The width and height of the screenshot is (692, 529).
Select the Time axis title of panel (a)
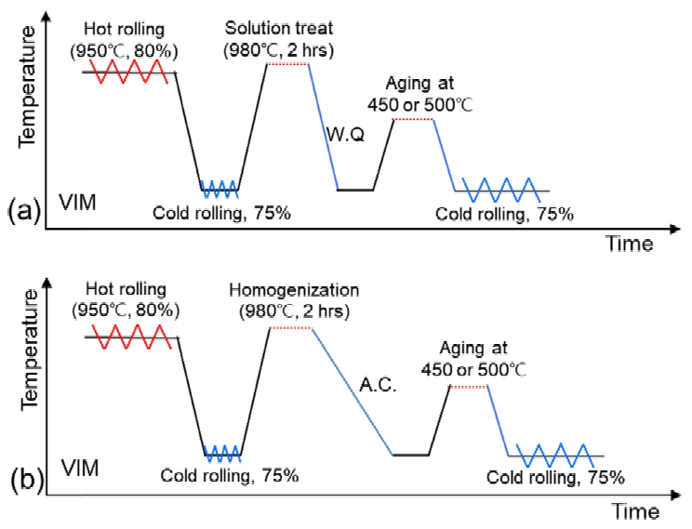coord(631,243)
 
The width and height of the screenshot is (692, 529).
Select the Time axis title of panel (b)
coord(636,511)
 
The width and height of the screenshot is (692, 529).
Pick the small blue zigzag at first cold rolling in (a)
coord(220,189)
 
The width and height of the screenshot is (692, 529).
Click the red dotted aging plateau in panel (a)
coord(414,120)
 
